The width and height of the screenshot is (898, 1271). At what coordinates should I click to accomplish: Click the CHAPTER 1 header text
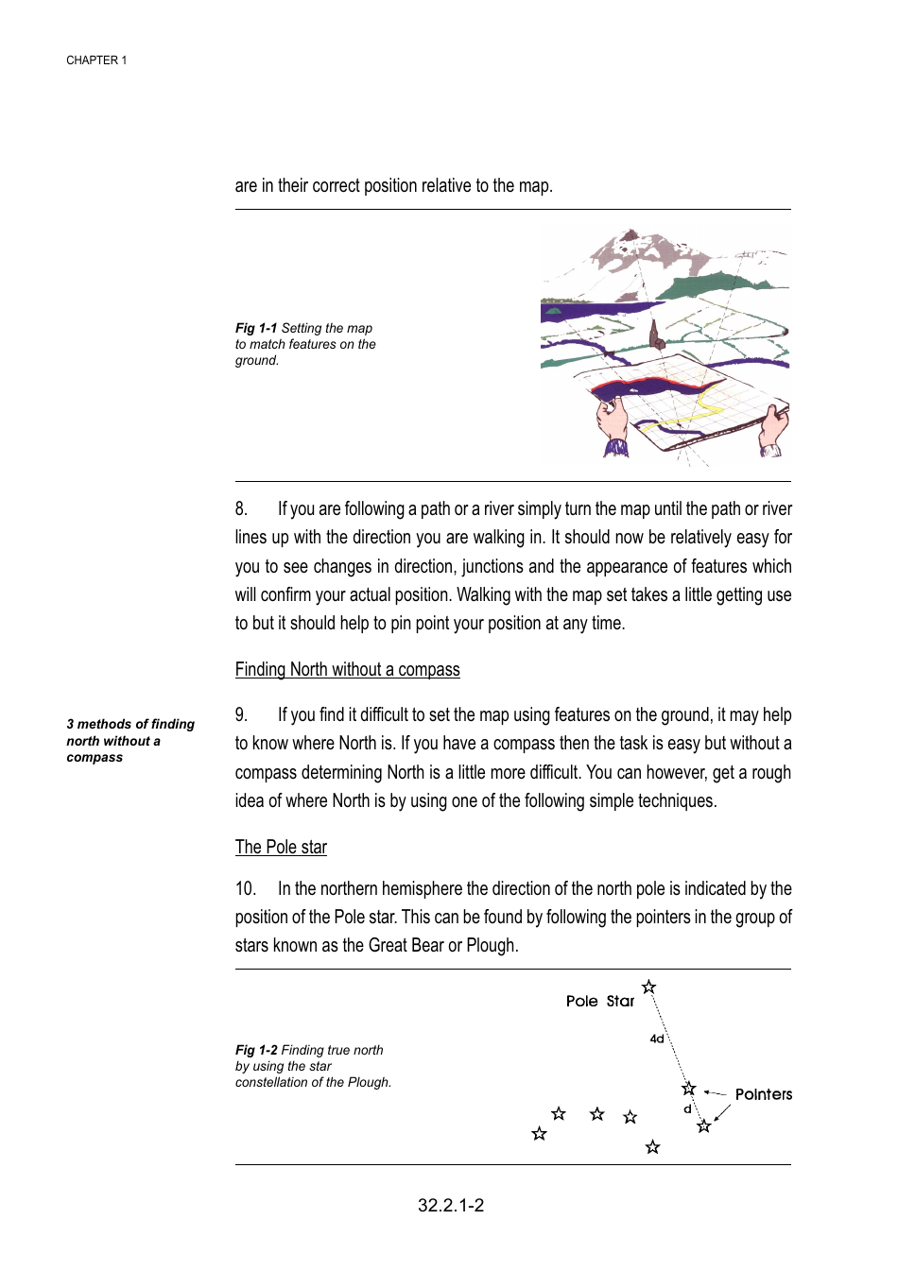pyautogui.click(x=96, y=60)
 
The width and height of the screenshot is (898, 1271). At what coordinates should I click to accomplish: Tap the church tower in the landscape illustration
pyautogui.click(x=653, y=334)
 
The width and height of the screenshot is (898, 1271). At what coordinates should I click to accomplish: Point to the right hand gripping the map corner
pyautogui.click(x=774, y=425)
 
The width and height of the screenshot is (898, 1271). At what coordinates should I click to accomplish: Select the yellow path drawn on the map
pyautogui.click(x=699, y=411)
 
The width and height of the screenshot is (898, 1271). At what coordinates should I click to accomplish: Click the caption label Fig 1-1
pyautogui.click(x=256, y=329)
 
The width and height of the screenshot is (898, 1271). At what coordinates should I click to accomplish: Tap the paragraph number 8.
pyautogui.click(x=241, y=509)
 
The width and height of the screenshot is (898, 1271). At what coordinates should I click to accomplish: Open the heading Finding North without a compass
pyautogui.click(x=347, y=670)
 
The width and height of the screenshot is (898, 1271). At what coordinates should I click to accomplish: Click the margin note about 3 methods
pyautogui.click(x=130, y=741)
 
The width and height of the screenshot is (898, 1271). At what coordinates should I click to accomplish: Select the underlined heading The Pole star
pyautogui.click(x=281, y=848)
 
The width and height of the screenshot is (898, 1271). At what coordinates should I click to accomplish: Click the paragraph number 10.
pyautogui.click(x=245, y=889)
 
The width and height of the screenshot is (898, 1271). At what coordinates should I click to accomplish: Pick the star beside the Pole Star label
pyautogui.click(x=648, y=988)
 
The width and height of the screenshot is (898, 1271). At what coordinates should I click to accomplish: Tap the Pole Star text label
pyautogui.click(x=599, y=1002)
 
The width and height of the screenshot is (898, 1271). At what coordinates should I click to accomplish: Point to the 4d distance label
pyautogui.click(x=656, y=1039)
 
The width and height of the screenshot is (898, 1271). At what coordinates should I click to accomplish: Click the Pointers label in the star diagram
pyautogui.click(x=763, y=1094)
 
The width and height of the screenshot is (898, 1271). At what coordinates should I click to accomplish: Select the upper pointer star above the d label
pyautogui.click(x=689, y=1089)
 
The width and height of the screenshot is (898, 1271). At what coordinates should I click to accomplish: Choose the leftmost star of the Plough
pyautogui.click(x=539, y=1134)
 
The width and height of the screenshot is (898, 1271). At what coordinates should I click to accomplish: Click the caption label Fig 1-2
pyautogui.click(x=256, y=1051)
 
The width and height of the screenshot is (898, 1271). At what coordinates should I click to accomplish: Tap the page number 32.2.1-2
pyautogui.click(x=451, y=1206)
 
